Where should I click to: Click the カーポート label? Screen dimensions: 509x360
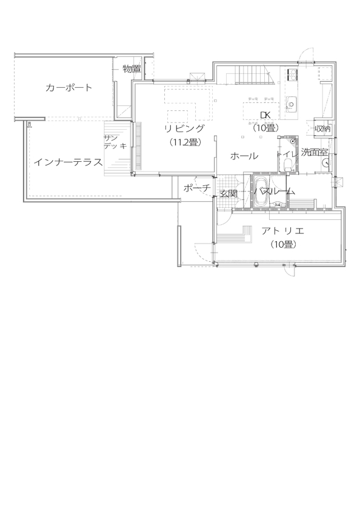(x=69, y=88)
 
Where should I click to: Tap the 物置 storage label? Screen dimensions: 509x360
(x=132, y=69)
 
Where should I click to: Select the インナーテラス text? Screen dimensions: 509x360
(x=67, y=162)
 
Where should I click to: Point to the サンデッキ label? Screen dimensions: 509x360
(x=115, y=142)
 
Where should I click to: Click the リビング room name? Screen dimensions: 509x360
(x=185, y=129)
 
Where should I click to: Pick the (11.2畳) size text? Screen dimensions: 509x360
(x=185, y=142)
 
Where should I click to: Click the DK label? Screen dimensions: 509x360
(x=265, y=115)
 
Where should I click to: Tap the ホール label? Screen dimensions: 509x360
(x=244, y=156)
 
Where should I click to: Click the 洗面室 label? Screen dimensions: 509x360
(x=315, y=152)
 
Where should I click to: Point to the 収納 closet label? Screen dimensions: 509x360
(x=322, y=128)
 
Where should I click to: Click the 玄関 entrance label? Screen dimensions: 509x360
(x=228, y=193)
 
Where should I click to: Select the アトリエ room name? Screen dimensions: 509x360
(x=282, y=231)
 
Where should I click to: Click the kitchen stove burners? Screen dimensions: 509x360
(x=290, y=75)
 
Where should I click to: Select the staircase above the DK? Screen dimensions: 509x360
(x=249, y=76)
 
